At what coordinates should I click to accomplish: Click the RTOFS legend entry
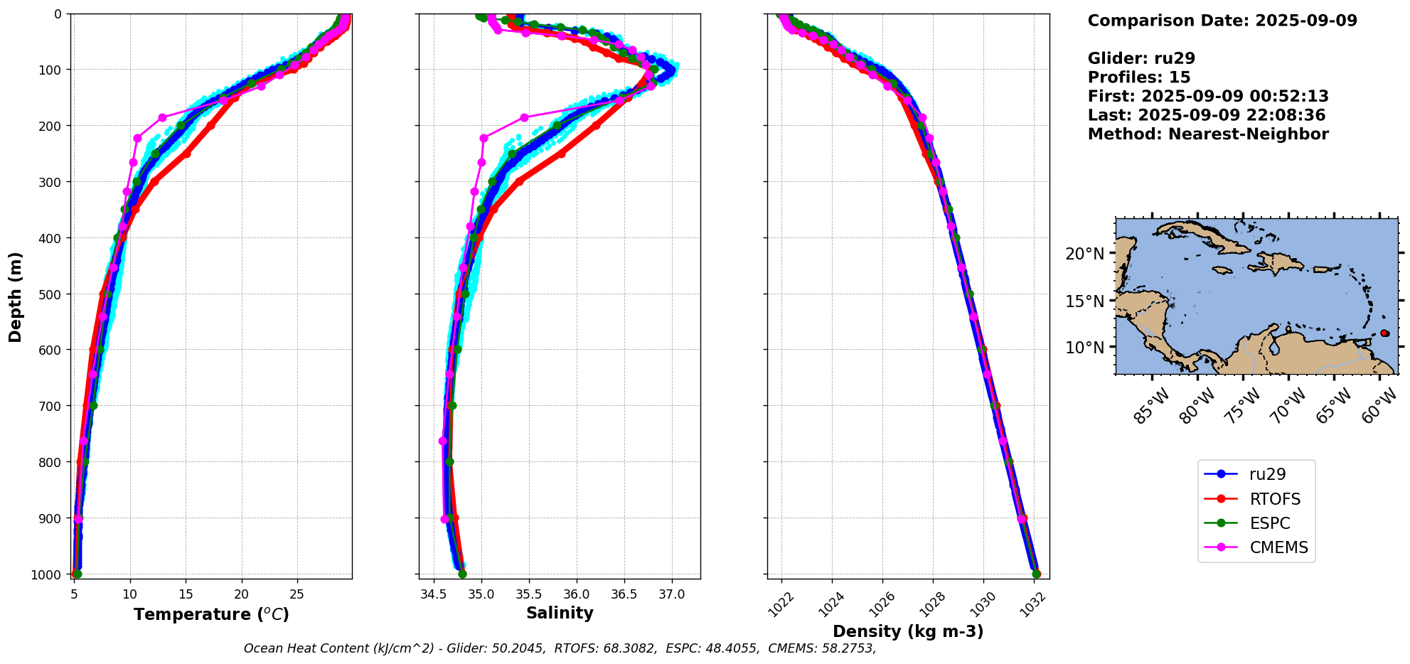tap(1274, 499)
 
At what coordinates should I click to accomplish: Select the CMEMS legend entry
tap(1278, 547)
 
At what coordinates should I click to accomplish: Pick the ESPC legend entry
tap(1269, 523)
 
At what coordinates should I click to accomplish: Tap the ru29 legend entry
tap(1267, 474)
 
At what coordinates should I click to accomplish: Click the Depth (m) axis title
tap(15, 296)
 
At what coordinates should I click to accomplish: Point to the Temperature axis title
tap(211, 614)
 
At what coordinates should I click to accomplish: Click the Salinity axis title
tap(560, 613)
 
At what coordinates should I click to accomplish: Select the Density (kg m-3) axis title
tap(908, 631)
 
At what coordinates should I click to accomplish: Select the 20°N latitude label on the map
tap(1084, 254)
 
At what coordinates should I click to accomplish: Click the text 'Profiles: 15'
tap(1138, 77)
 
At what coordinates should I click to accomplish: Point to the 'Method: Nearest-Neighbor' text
tap(1207, 134)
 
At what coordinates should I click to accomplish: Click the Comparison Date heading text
tap(1222, 21)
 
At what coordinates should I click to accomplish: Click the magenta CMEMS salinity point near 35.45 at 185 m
tap(524, 117)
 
